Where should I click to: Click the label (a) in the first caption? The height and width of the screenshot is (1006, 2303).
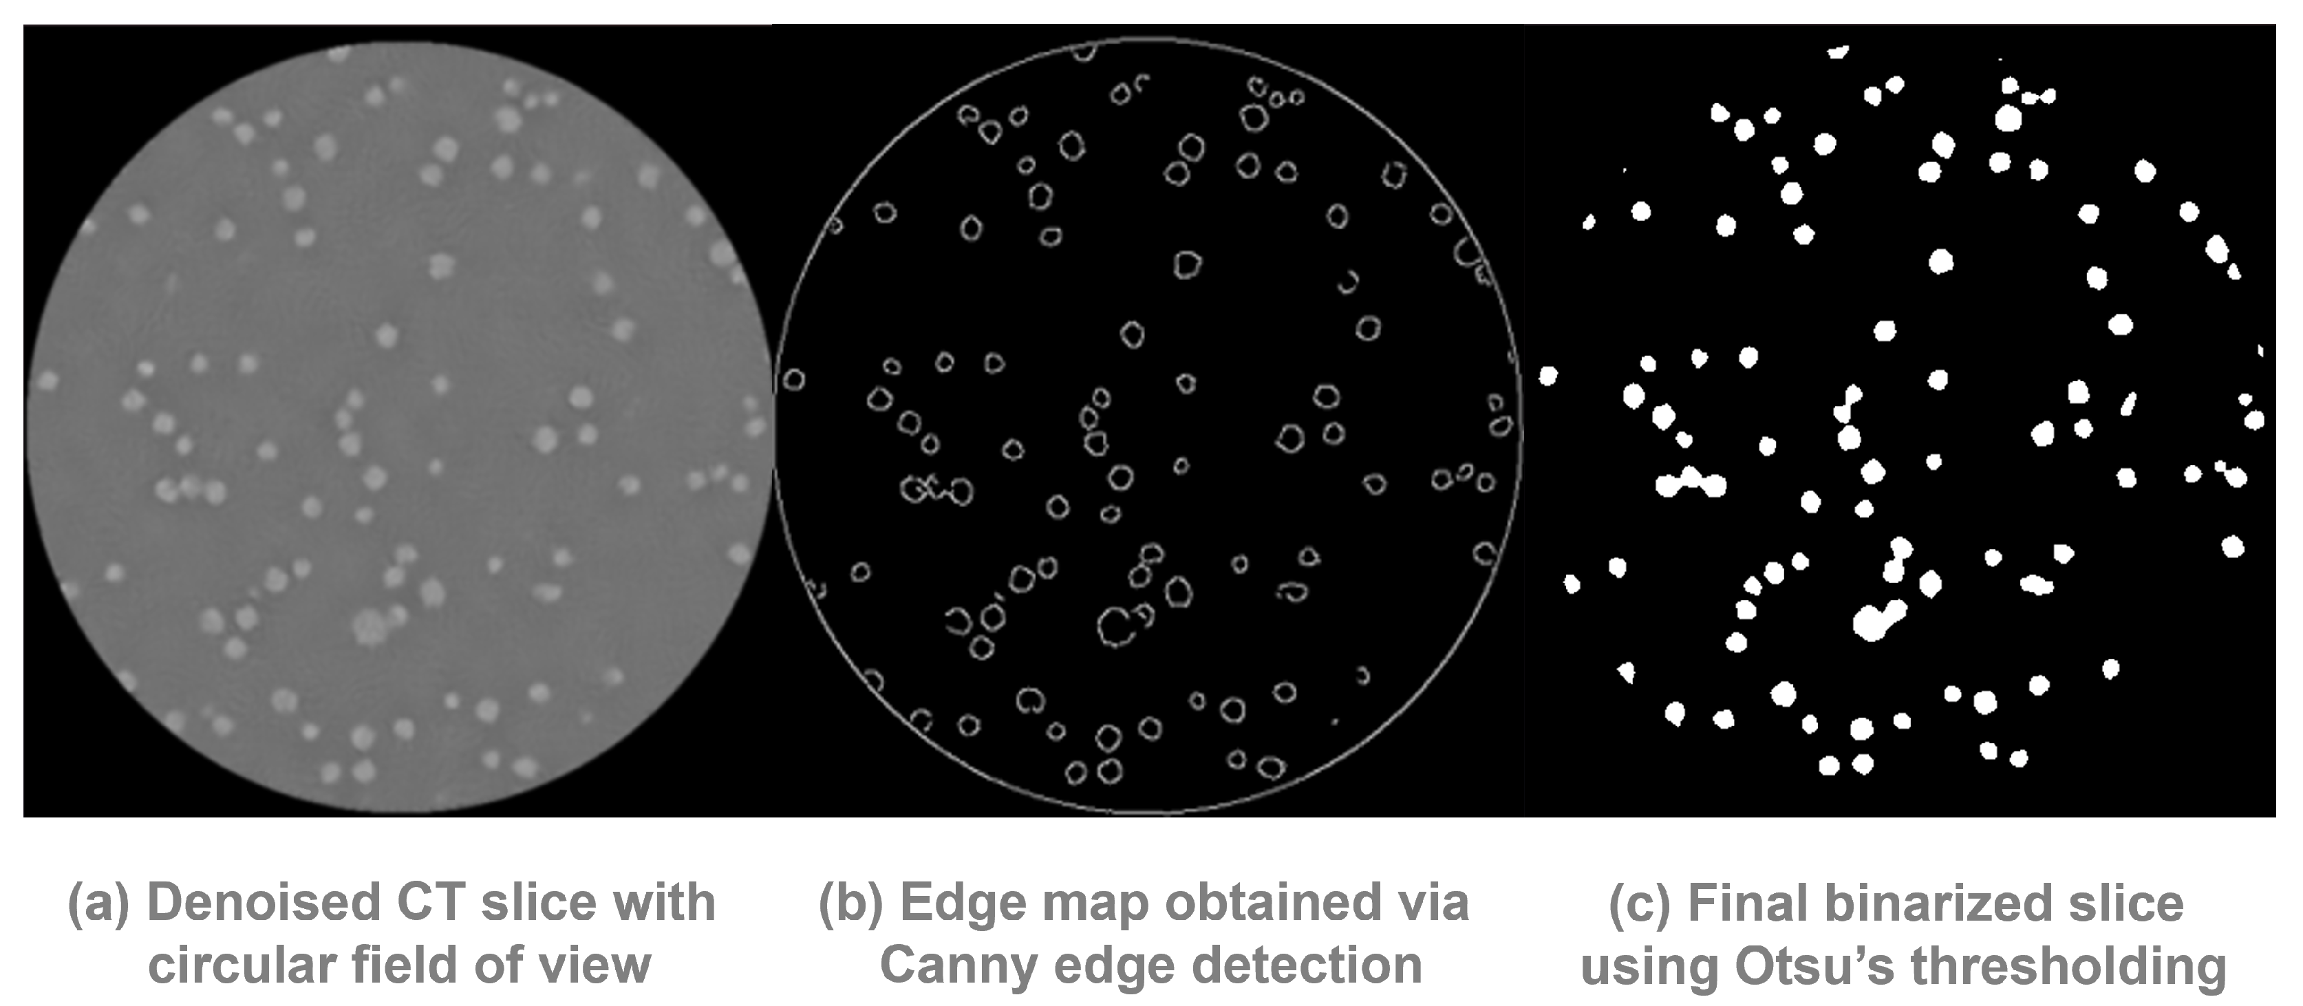(x=98, y=903)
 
